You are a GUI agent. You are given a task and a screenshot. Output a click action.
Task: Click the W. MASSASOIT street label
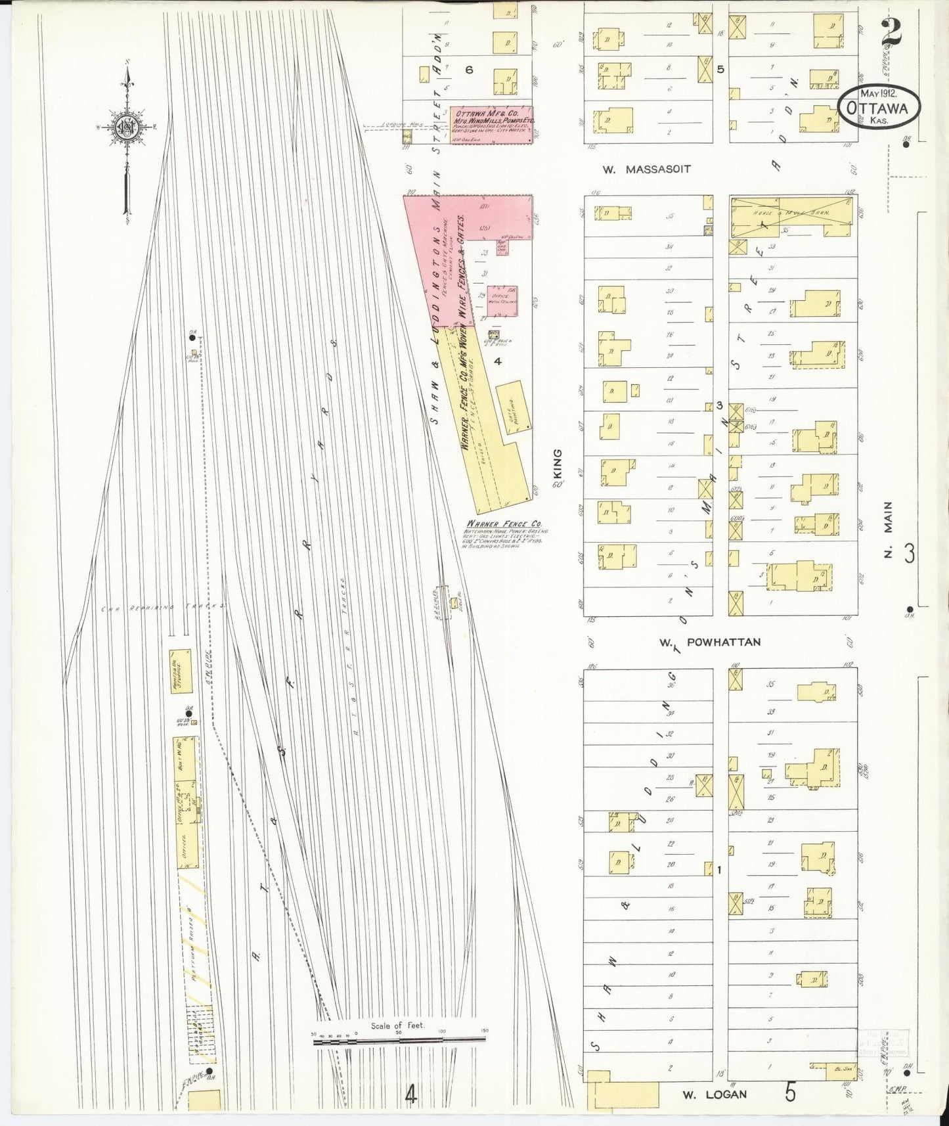pos(647,169)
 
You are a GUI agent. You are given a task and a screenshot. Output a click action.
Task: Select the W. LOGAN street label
pos(706,1094)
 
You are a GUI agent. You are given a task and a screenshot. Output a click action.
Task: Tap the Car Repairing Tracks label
pos(164,607)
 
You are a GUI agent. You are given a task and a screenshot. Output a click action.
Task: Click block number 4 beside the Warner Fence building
pos(498,361)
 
